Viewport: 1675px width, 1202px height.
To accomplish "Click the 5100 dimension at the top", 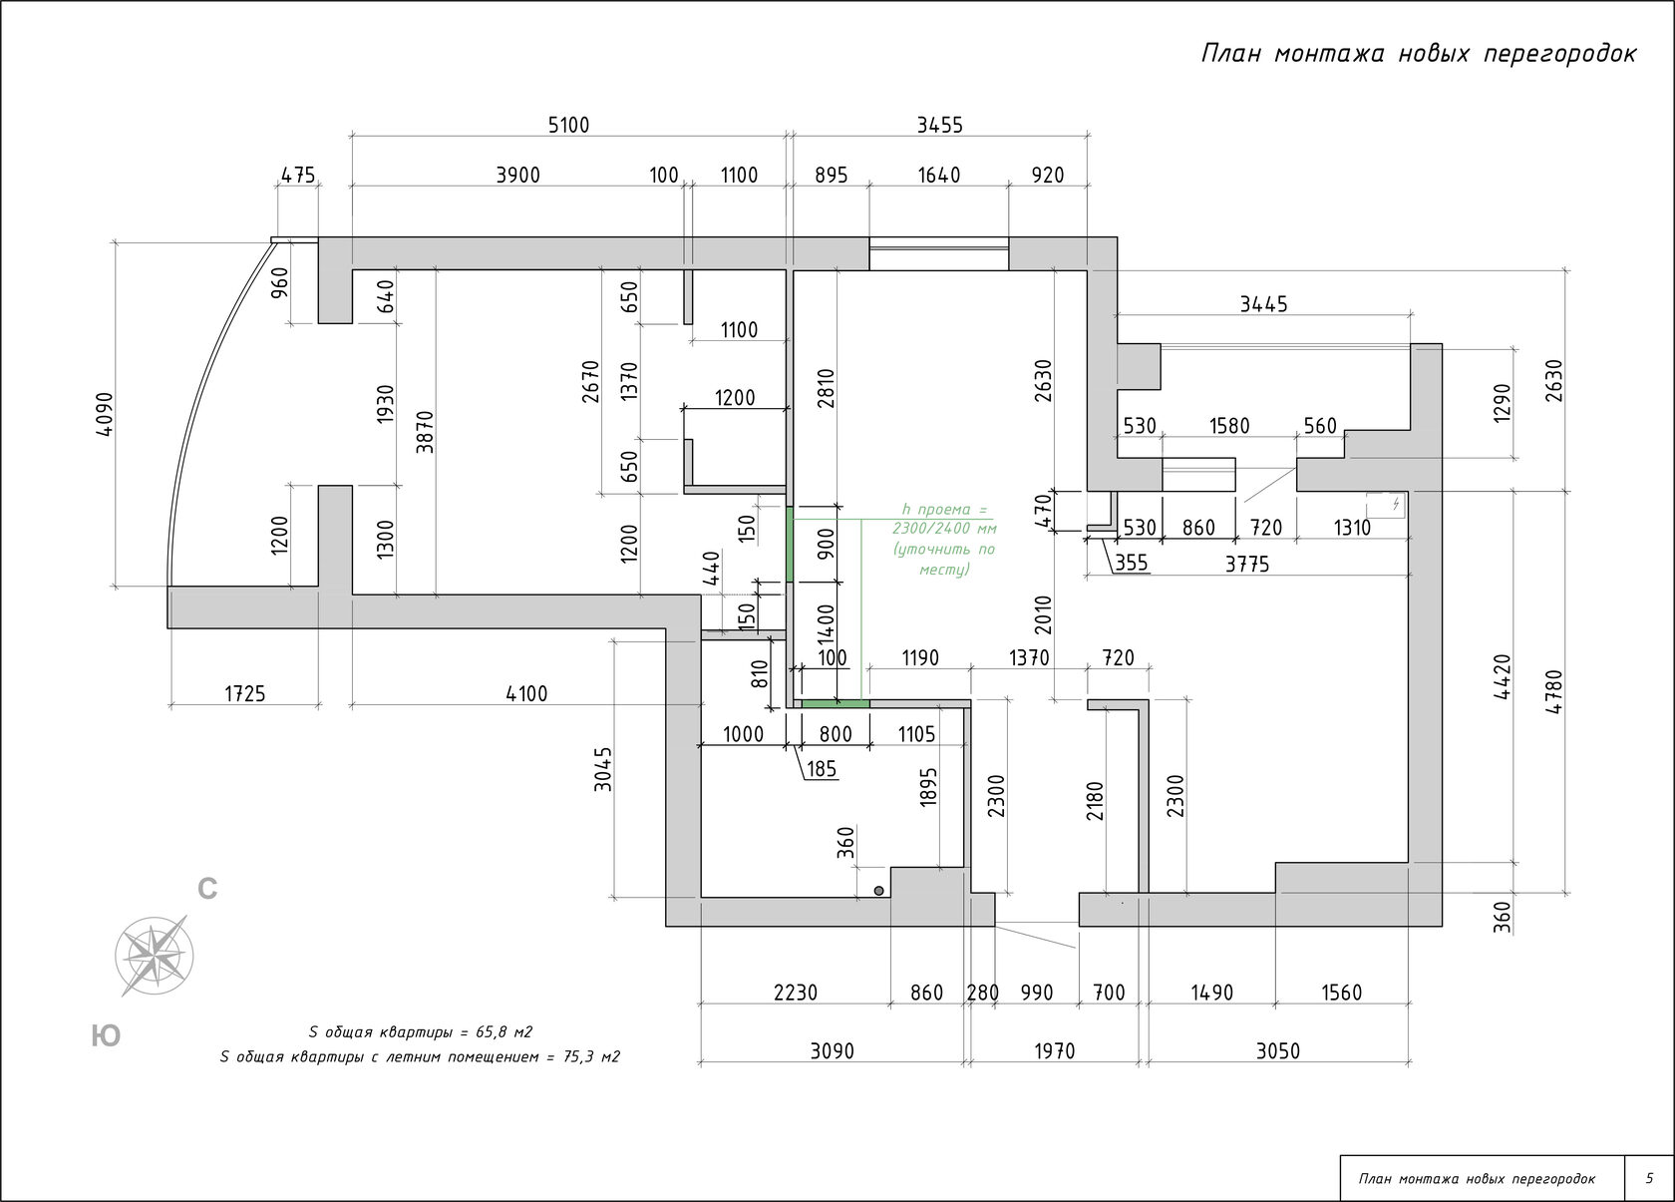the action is coord(569,125).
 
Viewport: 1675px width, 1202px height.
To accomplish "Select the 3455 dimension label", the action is coord(939,125).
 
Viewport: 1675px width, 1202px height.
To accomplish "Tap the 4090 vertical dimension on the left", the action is coord(106,413).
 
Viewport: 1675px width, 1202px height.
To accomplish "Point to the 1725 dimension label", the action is coord(244,693).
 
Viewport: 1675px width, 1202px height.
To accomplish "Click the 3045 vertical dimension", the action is coord(603,769).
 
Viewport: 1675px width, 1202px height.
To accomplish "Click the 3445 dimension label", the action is coord(1263,304).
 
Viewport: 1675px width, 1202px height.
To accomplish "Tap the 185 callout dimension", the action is coord(824,769).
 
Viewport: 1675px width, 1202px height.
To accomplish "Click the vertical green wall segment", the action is coord(791,544).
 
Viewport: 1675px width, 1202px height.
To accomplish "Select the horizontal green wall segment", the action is coord(836,704).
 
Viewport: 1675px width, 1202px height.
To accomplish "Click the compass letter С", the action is coord(207,889).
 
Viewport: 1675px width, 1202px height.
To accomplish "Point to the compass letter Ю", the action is coord(106,1036).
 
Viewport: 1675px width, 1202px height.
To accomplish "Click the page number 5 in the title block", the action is coord(1649,1179).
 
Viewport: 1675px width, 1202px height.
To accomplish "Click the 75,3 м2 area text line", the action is coord(420,1057).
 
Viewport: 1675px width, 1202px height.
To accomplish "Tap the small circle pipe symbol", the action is coord(878,890).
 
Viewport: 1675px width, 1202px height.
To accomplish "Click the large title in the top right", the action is coord(1418,54).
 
